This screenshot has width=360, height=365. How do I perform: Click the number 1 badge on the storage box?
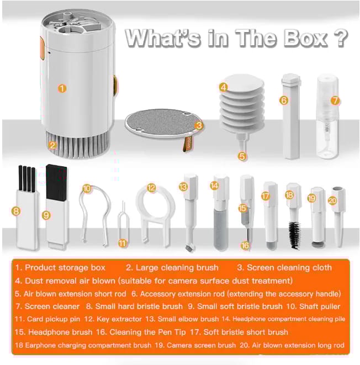[x=62, y=88]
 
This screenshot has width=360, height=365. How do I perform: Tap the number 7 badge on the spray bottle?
[x=335, y=100]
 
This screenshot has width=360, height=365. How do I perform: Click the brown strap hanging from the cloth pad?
[x=188, y=144]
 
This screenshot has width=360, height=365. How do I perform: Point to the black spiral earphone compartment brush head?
[x=295, y=235]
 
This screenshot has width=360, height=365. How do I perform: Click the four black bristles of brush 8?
[x=27, y=178]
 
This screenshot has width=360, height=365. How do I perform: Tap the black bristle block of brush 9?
[x=56, y=182]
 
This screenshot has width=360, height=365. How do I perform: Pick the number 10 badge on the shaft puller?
[x=87, y=188]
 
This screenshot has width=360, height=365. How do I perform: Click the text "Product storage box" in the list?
[x=65, y=268]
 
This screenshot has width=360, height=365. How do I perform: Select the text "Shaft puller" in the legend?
[x=320, y=306]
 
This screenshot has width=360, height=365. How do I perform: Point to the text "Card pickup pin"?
[x=54, y=319]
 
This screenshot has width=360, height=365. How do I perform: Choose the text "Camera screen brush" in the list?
[x=202, y=345]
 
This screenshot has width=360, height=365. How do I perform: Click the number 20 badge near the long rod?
[x=333, y=200]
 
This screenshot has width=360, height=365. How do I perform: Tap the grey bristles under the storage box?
[x=77, y=145]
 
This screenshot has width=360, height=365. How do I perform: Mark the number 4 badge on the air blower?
[x=224, y=87]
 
